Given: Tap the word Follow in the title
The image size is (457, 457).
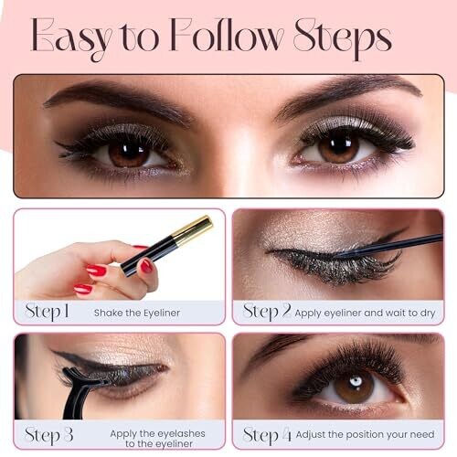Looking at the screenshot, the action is [226, 35].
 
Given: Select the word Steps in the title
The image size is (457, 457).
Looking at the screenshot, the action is [343, 39].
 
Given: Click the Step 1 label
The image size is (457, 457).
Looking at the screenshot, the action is [47, 312].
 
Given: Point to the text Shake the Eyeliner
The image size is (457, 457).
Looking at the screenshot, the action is [137, 313].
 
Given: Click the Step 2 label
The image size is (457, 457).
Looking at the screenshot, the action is [267, 312].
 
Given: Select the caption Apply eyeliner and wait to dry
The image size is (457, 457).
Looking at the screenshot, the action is [365, 313].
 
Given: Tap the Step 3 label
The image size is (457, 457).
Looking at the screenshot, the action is [48, 435].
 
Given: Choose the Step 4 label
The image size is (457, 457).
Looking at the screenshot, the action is [267, 435].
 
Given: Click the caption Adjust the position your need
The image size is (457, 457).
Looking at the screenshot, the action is [365, 434].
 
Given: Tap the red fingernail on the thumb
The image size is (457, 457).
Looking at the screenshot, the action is [146, 266].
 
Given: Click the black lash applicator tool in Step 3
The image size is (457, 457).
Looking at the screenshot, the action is [80, 391].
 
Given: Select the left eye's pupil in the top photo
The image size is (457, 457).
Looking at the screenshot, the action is [129, 151].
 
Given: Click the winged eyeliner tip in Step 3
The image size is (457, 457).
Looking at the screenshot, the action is [55, 352].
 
